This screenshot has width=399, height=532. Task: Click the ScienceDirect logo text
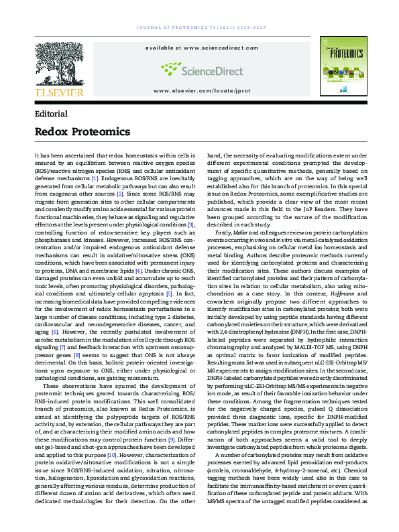point(201,68)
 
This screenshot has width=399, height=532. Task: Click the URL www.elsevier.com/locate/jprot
point(202,89)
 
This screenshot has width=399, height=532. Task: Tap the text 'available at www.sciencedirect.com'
point(201,48)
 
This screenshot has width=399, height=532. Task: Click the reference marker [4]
point(138,232)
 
